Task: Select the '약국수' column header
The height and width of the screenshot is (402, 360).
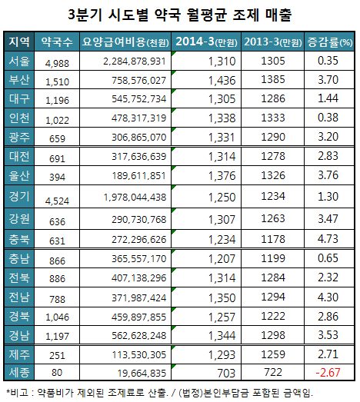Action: (x=56, y=42)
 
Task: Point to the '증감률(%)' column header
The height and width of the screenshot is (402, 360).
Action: (x=329, y=42)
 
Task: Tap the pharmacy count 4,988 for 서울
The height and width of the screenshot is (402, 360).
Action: (x=57, y=62)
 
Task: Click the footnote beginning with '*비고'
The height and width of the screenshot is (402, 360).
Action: (x=158, y=393)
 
